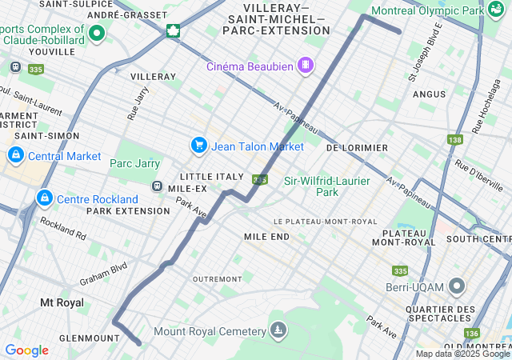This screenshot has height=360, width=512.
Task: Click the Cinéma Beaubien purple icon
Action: [x=305, y=65]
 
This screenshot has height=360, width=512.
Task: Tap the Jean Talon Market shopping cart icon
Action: [x=198, y=145]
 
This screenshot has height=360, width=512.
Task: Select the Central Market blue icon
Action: [x=15, y=154]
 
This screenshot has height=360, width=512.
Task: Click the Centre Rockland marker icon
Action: [x=43, y=198]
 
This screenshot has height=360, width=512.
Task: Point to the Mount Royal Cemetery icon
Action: [x=278, y=330]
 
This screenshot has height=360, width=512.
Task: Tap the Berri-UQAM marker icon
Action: [x=457, y=286]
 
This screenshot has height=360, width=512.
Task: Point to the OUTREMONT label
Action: [x=217, y=278]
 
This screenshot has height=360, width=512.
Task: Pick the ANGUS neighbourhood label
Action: [x=429, y=94]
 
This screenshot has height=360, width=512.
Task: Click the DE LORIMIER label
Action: [x=357, y=148]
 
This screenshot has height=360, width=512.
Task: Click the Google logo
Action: [x=26, y=350]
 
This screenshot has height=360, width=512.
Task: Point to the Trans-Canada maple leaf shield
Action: [x=172, y=31]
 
